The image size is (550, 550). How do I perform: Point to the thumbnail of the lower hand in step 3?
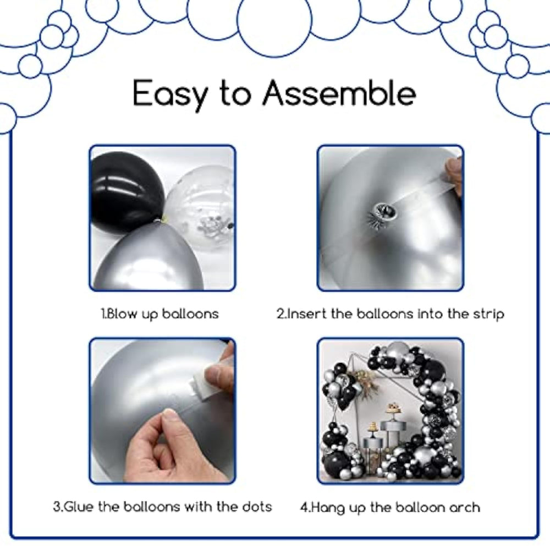169,417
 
